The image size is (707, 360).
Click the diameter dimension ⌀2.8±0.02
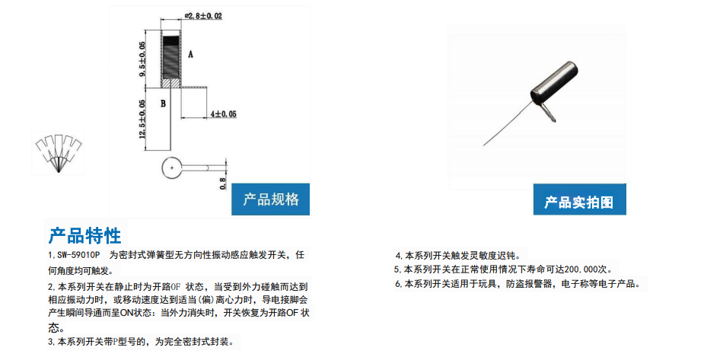pyautogui.click(x=203, y=16)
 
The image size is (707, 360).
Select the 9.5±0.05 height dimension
pyautogui.click(x=142, y=59)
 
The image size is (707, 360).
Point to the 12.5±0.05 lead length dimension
pyautogui.click(x=142, y=119)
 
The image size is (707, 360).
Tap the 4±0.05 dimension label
pyautogui.click(x=223, y=114)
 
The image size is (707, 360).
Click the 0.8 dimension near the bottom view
pyautogui.click(x=223, y=183)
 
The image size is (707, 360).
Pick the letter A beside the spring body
pyautogui.click(x=191, y=54)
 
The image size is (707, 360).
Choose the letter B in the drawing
pyautogui.click(x=163, y=104)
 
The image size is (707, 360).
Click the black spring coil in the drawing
pyautogui.click(x=171, y=56)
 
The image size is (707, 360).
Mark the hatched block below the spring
pyautogui.click(x=171, y=84)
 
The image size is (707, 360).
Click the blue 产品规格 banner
pyautogui.click(x=270, y=199)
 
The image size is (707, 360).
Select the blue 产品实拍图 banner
pyautogui.click(x=579, y=199)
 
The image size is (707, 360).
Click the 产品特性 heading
pyautogui.click(x=84, y=235)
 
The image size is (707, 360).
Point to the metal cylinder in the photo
pyautogui.click(x=555, y=84)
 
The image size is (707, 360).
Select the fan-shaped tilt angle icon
pyautogui.click(x=59, y=153)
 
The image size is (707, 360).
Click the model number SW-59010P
pyautogui.click(x=78, y=255)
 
